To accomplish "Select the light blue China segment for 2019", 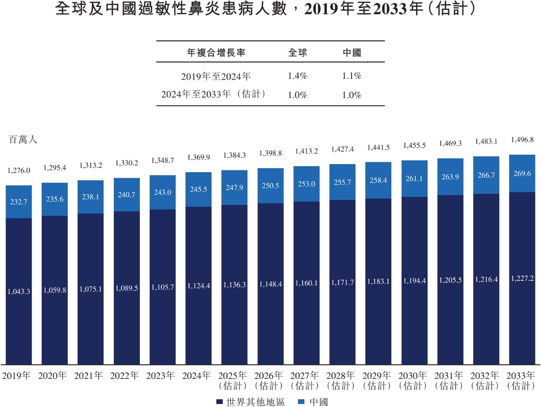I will coord(19,202).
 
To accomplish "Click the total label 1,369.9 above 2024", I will coord(198,157).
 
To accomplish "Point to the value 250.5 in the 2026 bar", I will coord(270,186).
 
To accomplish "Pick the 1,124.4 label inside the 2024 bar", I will coord(198,286).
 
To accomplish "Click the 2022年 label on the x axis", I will coord(124,375).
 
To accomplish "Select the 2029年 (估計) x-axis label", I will coord(376,381).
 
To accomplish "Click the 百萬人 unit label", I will coord(23,140).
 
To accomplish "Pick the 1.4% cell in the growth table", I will coord(297,76).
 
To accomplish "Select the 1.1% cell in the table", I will coord(352,76).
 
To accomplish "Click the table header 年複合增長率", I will coord(216,52).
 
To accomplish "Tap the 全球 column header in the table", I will coord(297,52).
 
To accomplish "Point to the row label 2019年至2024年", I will coord(216,76).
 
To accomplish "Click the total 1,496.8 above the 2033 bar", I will coord(522,140).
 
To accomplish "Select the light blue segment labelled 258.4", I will coord(378,180).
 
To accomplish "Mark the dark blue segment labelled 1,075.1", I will coord(90,289).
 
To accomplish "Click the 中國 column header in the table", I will coord(352,52).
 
